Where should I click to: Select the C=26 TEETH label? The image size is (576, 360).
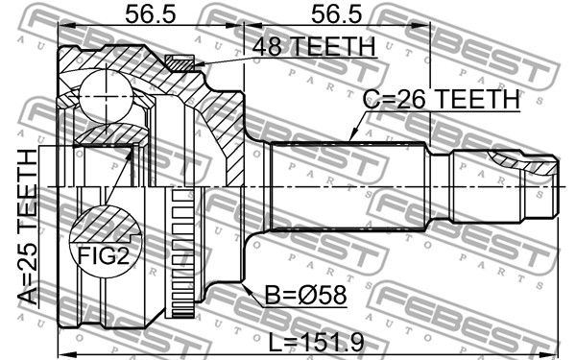click(442, 99)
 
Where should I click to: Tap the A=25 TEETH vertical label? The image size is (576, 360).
click(28, 227)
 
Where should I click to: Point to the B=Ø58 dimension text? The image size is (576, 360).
click(305, 295)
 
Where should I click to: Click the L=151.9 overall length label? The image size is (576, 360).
click(316, 343)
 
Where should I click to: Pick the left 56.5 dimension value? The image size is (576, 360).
click(151, 14)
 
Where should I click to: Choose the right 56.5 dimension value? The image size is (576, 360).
click(337, 14)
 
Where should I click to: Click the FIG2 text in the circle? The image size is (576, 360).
click(104, 255)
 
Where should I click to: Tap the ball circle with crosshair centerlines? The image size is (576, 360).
click(106, 96)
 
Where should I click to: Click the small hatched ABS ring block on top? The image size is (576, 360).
click(180, 63)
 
